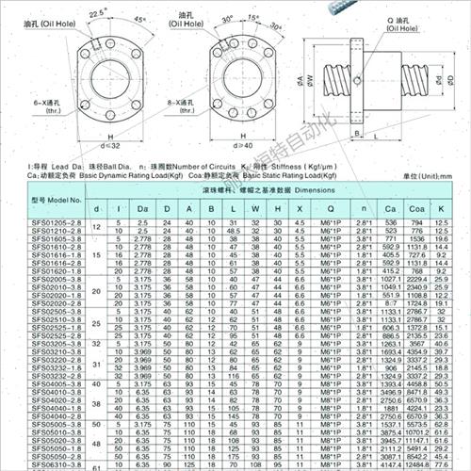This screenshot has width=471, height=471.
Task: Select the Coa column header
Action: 417,207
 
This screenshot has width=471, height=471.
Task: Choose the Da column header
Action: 142,207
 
